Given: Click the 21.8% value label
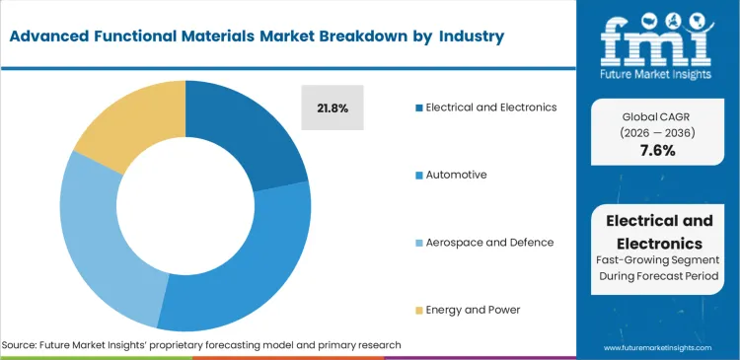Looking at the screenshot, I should [x=332, y=107].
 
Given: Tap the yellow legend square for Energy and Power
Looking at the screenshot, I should [x=419, y=310].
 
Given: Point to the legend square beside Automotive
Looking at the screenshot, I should [x=419, y=175].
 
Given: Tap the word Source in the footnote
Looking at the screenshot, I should [x=21, y=345].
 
